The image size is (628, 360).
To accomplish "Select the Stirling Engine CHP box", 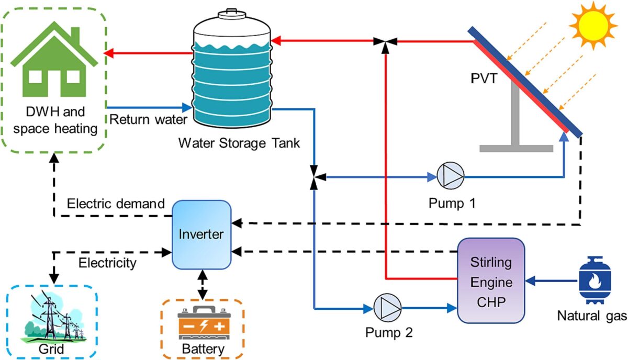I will click(x=491, y=280).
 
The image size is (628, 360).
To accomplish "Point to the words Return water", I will click(x=148, y=120).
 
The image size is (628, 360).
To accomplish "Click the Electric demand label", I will click(x=116, y=203).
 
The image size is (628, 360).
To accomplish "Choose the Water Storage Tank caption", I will click(x=239, y=143).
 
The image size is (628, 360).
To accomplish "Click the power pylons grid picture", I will click(x=52, y=319).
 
